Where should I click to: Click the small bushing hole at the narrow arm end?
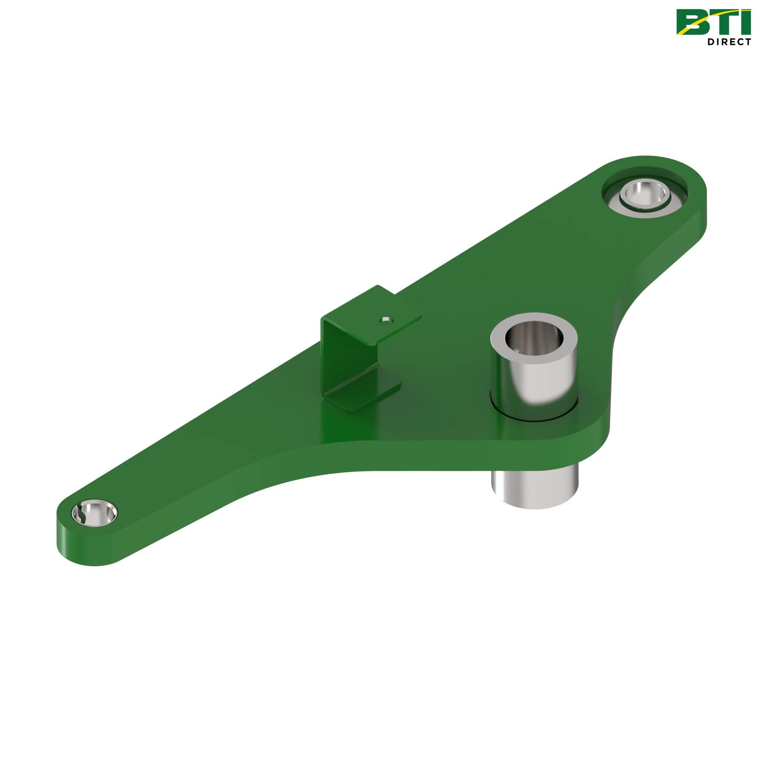pos(94,513)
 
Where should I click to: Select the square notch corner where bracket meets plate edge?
pos(395,293)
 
